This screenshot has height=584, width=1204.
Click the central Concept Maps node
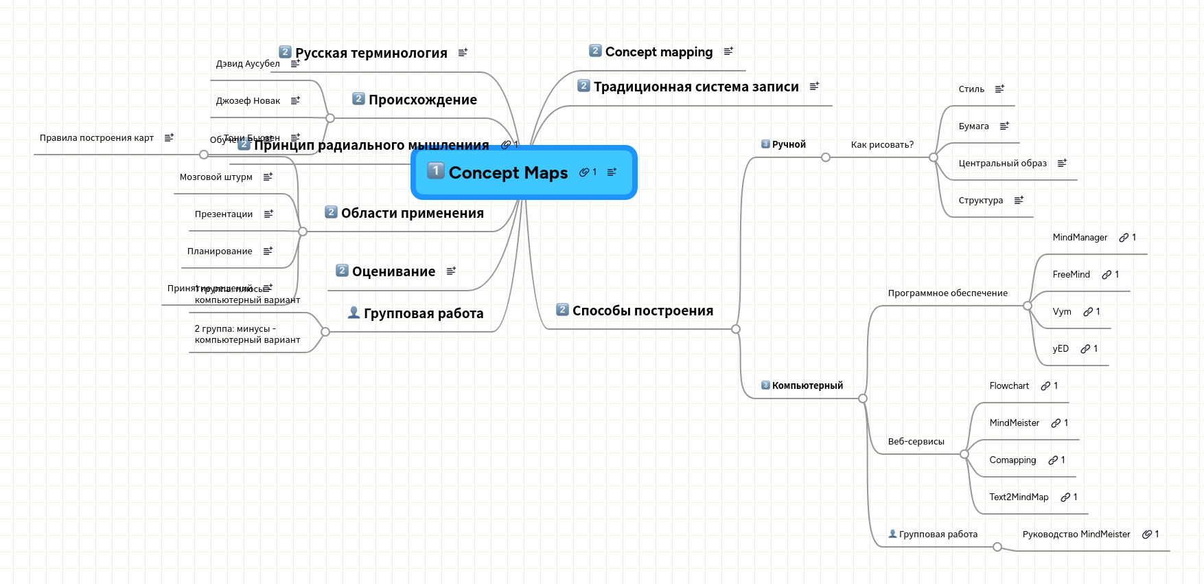pyautogui.click(x=508, y=172)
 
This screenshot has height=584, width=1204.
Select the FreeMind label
pyautogui.click(x=1071, y=274)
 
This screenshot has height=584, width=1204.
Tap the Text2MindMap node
pyautogui.click(x=1019, y=497)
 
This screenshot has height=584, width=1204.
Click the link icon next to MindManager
pyautogui.click(x=1124, y=238)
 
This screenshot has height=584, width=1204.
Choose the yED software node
pyautogui.click(x=1061, y=348)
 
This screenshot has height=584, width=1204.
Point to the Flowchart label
pyautogui.click(x=1009, y=385)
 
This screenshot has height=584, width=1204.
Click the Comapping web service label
pyautogui.click(x=1012, y=460)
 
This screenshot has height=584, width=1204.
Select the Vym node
pyautogui.click(x=1062, y=311)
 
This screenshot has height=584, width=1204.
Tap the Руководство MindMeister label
pyautogui.click(x=1076, y=534)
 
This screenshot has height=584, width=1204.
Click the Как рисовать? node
pyautogui.click(x=882, y=144)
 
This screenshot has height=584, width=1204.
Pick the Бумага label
pyautogui.click(x=973, y=126)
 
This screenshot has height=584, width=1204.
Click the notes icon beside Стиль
pyautogui.click(x=999, y=89)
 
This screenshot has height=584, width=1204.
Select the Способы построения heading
pyautogui.click(x=642, y=311)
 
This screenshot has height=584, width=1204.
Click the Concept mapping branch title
pyautogui.click(x=658, y=52)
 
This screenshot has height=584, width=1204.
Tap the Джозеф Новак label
pyautogui.click(x=248, y=100)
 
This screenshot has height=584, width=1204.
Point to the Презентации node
pyautogui.click(x=224, y=214)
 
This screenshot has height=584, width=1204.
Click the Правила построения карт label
pyautogui.click(x=97, y=137)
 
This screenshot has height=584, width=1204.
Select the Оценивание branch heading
pyautogui.click(x=393, y=271)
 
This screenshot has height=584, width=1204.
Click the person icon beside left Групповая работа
pyautogui.click(x=354, y=313)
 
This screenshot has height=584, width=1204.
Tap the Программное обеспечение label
pyautogui.click(x=947, y=293)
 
